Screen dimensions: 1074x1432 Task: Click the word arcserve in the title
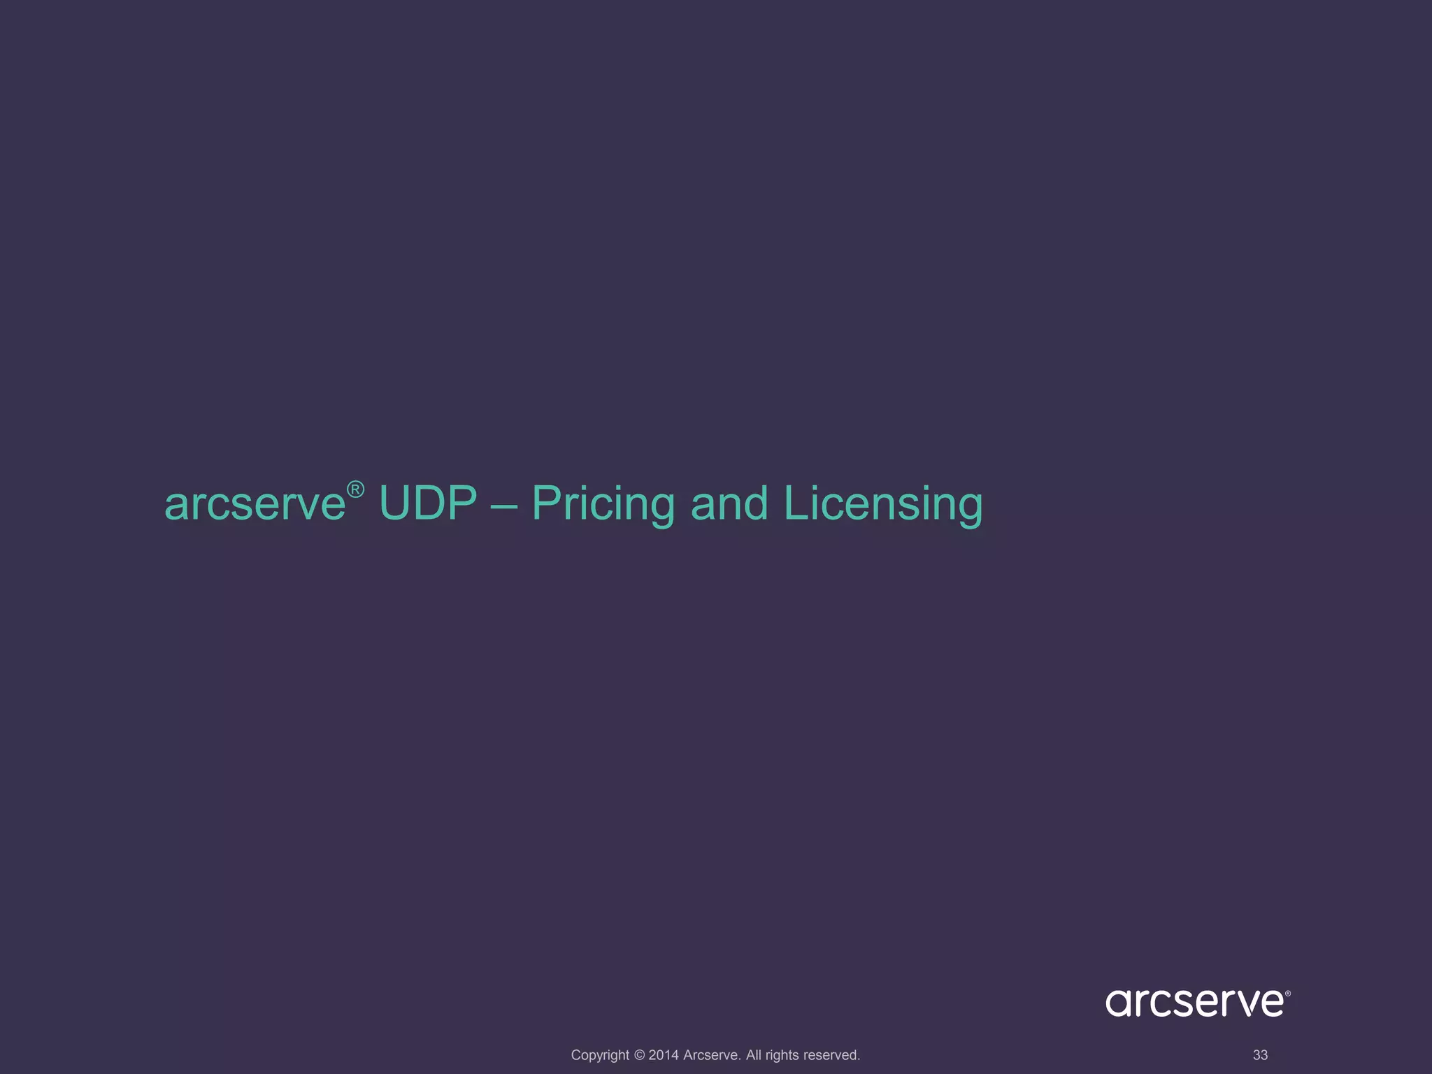coord(255,503)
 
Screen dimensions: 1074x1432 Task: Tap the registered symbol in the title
coord(355,489)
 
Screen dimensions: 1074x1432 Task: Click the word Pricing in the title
coord(603,503)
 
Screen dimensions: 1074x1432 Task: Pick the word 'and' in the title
coord(729,503)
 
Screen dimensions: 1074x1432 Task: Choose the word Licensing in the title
coord(883,503)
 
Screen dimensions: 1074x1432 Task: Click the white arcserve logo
coord(1194,1002)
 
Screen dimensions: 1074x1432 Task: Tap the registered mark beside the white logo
coord(1287,993)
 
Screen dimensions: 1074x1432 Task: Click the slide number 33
coord(1260,1055)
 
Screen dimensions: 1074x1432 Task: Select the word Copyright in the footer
coord(600,1055)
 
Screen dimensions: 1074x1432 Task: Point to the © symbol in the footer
coord(639,1055)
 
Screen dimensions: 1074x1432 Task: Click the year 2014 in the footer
coord(664,1055)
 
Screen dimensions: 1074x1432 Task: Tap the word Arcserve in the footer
coord(712,1055)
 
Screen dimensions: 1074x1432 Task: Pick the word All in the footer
coord(754,1055)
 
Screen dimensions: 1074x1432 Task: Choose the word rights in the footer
coord(782,1055)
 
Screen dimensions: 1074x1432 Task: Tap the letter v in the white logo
coord(1240,1003)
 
